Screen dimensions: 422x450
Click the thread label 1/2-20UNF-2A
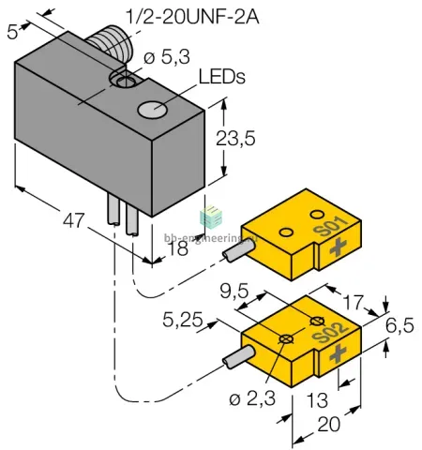[192, 17]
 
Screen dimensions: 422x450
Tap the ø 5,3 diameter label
[167, 57]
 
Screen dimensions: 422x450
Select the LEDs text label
[222, 77]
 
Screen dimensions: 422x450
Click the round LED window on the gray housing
[152, 110]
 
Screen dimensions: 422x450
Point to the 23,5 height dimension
[235, 138]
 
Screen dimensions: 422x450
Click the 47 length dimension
[74, 220]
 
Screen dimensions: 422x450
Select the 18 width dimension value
[178, 248]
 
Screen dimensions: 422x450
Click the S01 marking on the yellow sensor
[331, 226]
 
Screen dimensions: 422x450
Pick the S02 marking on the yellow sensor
[330, 332]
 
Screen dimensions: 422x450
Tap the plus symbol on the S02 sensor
[338, 354]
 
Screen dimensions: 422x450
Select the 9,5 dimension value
[234, 292]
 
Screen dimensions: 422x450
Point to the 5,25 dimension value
[183, 320]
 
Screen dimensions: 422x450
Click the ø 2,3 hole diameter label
[252, 398]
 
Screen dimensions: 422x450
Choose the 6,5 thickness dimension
[399, 325]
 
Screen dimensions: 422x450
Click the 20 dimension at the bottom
[328, 425]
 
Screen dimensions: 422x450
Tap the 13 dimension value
[317, 400]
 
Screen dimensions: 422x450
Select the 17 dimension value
[354, 302]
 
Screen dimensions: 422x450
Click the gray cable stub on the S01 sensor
[238, 252]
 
